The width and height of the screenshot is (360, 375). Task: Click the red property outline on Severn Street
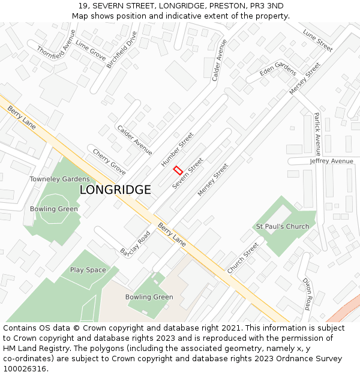[178, 170]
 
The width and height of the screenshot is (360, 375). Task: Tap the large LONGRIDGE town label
[115, 190]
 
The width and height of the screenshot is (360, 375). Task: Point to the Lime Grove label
[91, 52]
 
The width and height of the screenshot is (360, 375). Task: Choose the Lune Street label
[317, 40]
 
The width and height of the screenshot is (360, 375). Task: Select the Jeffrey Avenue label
[332, 161]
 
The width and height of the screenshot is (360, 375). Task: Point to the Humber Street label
[178, 149]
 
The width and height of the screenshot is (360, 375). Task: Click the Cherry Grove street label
[109, 162]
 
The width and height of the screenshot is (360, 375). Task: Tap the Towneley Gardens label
[59, 179]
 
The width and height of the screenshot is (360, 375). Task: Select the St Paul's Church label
[283, 226]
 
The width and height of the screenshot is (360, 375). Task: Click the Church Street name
[243, 257]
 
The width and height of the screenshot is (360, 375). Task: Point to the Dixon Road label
[307, 293]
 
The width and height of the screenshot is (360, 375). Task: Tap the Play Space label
[88, 270]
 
